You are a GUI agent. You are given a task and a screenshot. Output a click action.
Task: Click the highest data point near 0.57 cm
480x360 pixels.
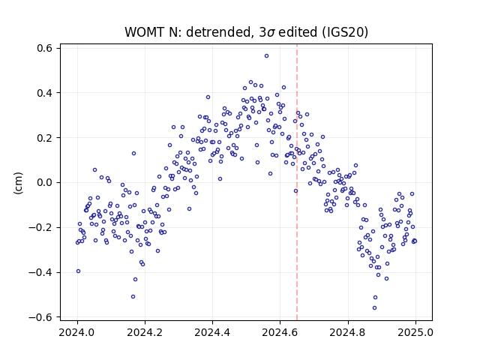pos(267,56)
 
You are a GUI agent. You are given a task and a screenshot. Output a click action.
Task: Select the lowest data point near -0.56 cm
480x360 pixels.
pos(374,308)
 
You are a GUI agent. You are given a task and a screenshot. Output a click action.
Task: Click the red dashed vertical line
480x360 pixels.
pos(297,182)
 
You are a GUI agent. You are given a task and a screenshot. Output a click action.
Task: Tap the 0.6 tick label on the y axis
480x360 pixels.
pos(44,48)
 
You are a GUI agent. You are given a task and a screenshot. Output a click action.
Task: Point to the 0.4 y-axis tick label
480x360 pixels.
pos(44,93)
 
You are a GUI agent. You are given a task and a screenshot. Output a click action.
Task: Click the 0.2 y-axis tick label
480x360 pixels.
pos(44,138)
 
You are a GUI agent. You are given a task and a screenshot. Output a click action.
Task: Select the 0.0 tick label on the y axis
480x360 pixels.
pos(44,183)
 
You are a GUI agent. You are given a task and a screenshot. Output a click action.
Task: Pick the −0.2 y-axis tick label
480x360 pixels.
pos(40,227)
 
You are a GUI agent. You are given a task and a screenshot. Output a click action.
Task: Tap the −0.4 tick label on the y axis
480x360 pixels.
pos(40,272)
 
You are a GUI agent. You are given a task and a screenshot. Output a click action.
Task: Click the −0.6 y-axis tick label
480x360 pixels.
pos(40,317)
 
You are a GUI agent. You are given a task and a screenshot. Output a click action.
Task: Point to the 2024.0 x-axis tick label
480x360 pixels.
pos(77,332)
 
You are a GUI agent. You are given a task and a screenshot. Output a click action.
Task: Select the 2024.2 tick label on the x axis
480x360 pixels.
pos(145,332)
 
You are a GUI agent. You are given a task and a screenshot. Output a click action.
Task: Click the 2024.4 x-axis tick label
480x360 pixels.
pos(212,332)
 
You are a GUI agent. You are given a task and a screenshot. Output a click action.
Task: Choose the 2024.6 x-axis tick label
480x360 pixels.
pos(280,332)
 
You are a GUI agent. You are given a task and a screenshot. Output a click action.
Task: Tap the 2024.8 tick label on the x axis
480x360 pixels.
pos(348,332)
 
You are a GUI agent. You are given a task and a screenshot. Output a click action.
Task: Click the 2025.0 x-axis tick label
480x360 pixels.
pos(415,332)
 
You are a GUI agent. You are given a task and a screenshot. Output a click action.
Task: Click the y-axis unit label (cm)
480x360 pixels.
pos(18,183)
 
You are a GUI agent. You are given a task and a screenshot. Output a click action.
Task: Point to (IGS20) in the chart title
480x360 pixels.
pos(345,32)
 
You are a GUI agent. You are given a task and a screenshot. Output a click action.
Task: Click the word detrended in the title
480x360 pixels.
pos(218,32)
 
